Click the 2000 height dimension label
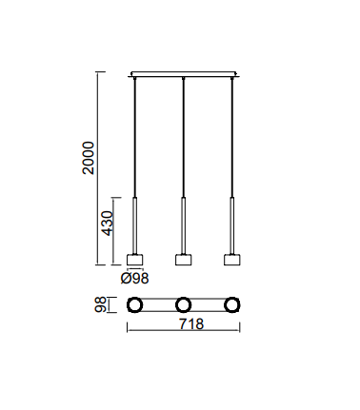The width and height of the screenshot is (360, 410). (89, 158)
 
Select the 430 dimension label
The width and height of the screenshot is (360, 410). (108, 224)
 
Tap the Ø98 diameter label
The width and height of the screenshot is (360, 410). (134, 279)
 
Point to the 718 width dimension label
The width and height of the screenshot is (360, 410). (191, 324)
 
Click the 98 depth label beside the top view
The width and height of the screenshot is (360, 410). (101, 304)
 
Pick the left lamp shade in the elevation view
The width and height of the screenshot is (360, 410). (134, 260)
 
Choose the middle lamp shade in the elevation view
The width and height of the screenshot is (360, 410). (183, 260)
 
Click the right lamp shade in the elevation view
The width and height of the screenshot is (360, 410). (232, 260)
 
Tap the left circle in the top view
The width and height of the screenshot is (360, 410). (134, 299)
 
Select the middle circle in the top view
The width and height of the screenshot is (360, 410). (183, 299)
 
